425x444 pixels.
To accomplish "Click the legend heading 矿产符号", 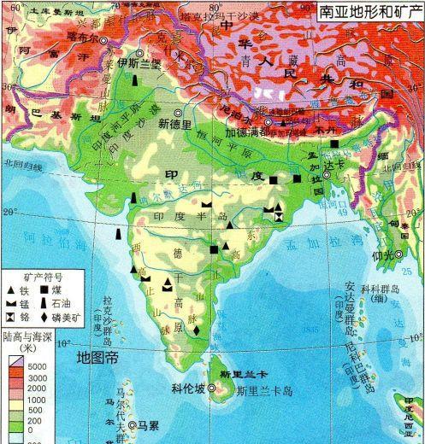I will click(x=40, y=276).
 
